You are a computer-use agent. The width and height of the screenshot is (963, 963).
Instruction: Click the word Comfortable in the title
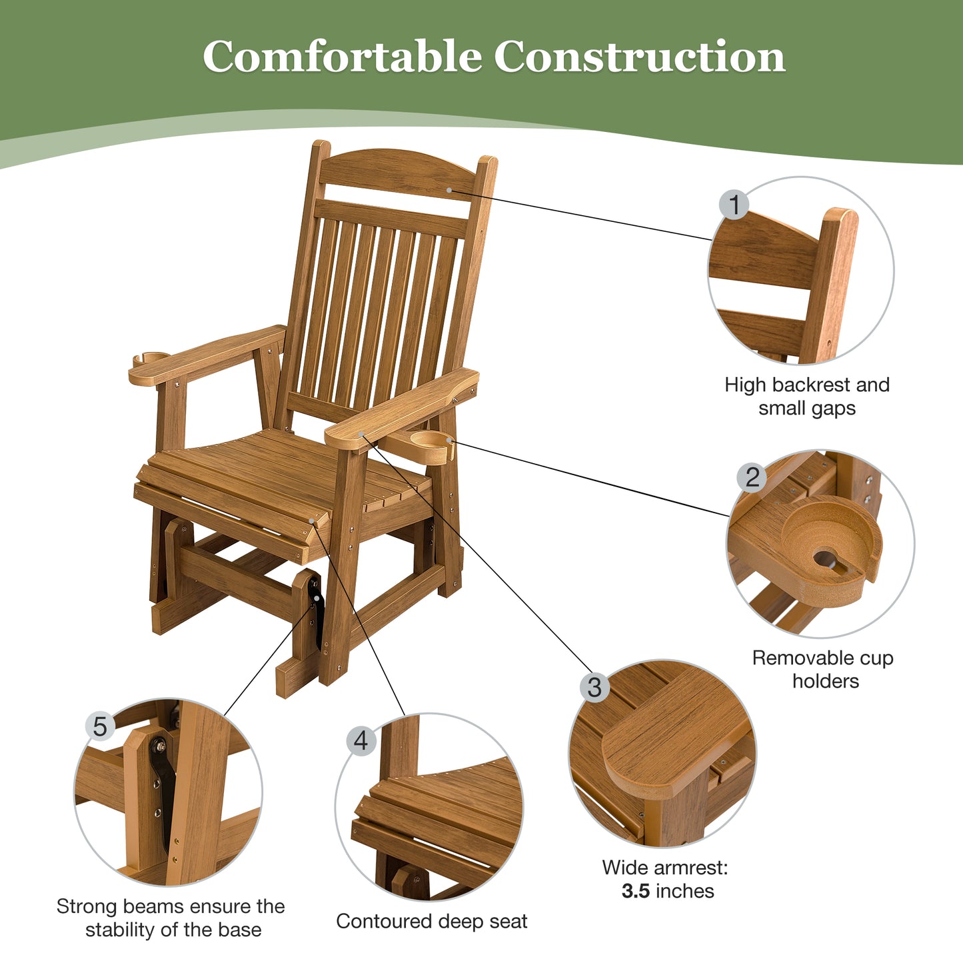click(x=342, y=57)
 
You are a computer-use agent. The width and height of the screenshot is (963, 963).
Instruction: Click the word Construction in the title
click(x=639, y=57)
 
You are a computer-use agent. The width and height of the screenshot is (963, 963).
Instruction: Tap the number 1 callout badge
click(x=734, y=205)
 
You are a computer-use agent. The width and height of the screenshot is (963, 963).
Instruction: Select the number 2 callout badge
click(x=752, y=477)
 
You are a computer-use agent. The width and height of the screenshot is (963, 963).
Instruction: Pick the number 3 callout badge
click(x=594, y=687)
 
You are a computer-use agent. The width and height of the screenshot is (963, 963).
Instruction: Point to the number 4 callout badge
click(x=361, y=740)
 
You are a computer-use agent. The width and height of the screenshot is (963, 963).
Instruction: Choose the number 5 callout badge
click(x=100, y=726)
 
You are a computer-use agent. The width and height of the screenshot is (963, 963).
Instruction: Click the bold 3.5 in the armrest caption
click(x=635, y=891)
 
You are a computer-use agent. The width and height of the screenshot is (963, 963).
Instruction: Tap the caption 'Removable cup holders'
click(x=823, y=669)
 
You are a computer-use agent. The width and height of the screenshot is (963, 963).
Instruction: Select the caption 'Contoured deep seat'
click(x=431, y=921)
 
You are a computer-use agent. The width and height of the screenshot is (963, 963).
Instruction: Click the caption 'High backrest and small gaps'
click(x=807, y=396)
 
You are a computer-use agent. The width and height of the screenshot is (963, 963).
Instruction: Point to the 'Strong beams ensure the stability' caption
click(x=171, y=918)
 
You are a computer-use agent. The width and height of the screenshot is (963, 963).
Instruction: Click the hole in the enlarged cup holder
click(x=827, y=558)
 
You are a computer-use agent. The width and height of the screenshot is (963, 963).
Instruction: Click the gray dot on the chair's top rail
click(x=449, y=190)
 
